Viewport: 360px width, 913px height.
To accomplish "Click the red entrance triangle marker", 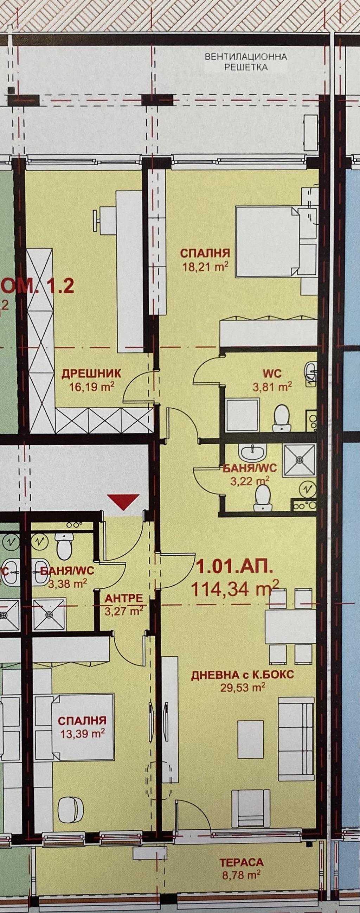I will point(123,502).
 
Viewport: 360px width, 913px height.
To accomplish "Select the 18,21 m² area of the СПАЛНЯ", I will point(205,266).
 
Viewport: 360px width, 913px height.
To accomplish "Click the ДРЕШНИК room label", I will point(91,373).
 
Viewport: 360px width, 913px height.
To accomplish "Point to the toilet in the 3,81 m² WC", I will point(282,417).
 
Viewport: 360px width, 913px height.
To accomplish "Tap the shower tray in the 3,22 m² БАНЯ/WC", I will point(300,460).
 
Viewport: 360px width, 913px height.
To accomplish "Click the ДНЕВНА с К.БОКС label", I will point(243,675).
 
